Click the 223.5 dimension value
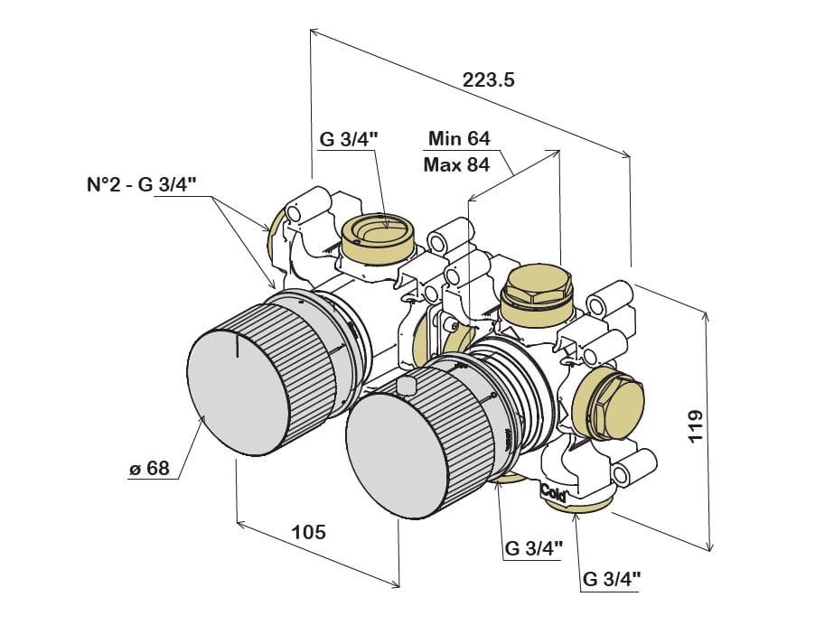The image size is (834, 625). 489,79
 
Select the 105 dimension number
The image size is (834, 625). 309,531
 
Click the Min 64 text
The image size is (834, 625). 459,138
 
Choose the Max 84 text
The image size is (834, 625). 456,165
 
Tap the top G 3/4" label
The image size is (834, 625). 349,139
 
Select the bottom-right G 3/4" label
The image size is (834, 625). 612,577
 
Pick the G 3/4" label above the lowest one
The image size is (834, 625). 533,546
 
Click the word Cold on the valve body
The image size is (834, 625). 554,492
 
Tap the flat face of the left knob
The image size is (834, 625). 239,392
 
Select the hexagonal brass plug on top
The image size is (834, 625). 537,287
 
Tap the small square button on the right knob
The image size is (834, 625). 407,387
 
